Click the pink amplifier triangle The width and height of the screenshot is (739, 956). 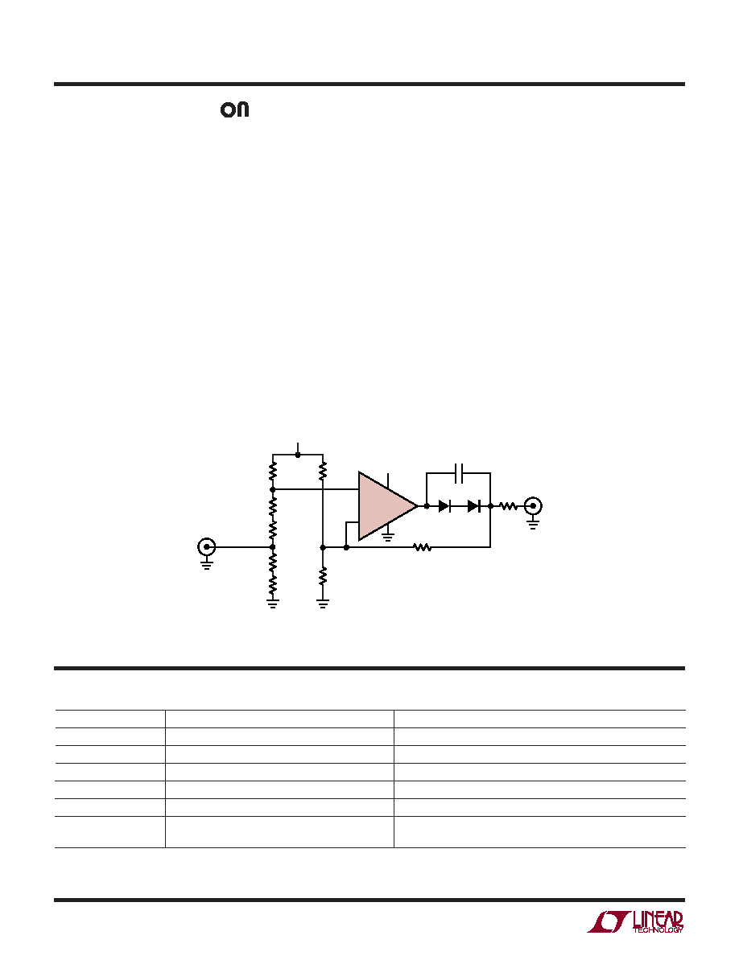tap(384, 505)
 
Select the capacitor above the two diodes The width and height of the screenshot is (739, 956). tap(459, 472)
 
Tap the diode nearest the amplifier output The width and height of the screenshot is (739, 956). tap(444, 506)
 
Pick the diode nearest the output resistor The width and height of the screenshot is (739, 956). tap(474, 506)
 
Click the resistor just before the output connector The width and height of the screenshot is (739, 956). tap(509, 506)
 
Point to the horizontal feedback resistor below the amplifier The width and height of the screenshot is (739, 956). tap(423, 547)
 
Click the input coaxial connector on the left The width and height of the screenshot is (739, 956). tap(207, 547)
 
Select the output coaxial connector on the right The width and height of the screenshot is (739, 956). tap(533, 506)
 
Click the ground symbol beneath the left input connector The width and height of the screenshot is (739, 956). tap(207, 564)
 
